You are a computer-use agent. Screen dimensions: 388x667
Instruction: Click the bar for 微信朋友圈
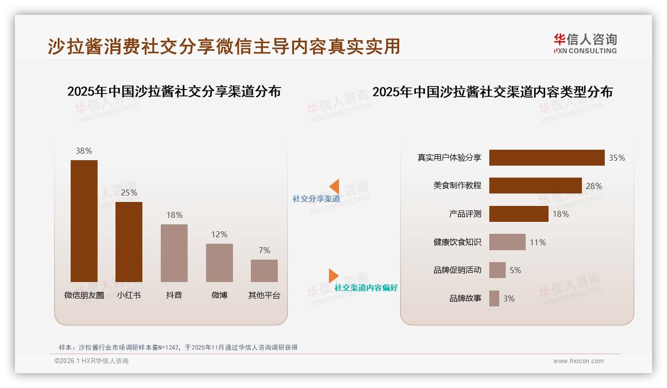pyautogui.click(x=84, y=221)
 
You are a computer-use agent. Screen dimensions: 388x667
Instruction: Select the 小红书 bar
pyautogui.click(x=129, y=242)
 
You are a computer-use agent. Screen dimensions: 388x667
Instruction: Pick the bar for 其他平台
pyautogui.click(x=264, y=271)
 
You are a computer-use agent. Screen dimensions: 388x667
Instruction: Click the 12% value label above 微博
pyautogui.click(x=219, y=234)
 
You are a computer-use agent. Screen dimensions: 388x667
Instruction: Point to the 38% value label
pyautogui.click(x=84, y=151)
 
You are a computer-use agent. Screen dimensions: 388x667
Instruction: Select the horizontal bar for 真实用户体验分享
pyautogui.click(x=547, y=158)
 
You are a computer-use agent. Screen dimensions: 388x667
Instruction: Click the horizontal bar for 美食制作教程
pyautogui.click(x=535, y=186)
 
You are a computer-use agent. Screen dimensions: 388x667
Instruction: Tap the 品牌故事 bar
pyautogui.click(x=494, y=298)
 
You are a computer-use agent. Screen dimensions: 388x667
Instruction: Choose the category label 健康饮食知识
pyautogui.click(x=457, y=242)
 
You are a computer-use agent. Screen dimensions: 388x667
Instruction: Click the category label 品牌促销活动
pyautogui.click(x=457, y=270)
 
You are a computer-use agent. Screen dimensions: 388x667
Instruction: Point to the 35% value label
pyautogui.click(x=617, y=158)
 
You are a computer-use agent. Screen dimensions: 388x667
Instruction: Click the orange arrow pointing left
pyautogui.click(x=334, y=186)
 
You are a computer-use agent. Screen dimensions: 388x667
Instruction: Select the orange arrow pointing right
pyautogui.click(x=333, y=276)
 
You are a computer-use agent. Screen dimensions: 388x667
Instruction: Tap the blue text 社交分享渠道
pyautogui.click(x=316, y=199)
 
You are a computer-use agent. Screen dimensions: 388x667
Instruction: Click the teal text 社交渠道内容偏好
pyautogui.click(x=366, y=288)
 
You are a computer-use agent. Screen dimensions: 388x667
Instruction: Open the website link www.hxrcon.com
pyautogui.click(x=578, y=361)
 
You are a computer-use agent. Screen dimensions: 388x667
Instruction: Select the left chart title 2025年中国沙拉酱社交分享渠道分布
pyautogui.click(x=174, y=92)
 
